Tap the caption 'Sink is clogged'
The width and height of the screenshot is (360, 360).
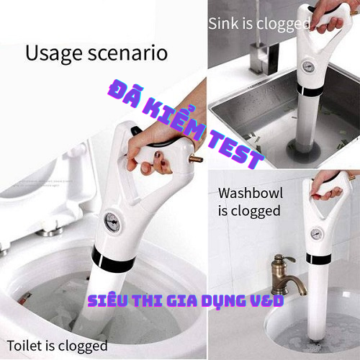(x=258, y=23)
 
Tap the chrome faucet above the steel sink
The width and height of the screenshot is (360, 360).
(x=256, y=54)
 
